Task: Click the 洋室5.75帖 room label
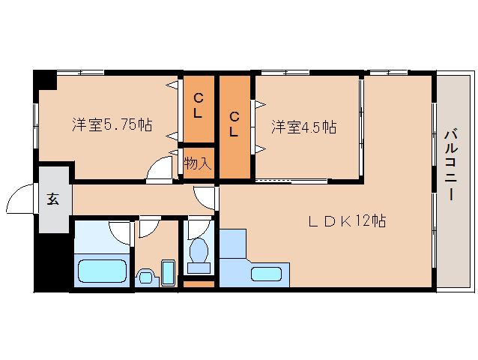pyautogui.click(x=112, y=124)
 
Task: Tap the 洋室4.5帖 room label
pyautogui.click(x=304, y=127)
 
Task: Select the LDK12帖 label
pyautogui.click(x=347, y=221)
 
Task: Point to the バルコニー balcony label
pyautogui.click(x=451, y=165)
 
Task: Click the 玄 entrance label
pyautogui.click(x=53, y=199)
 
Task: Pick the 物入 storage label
pyautogui.click(x=198, y=163)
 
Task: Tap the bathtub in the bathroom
pyautogui.click(x=102, y=271)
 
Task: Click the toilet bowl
pyautogui.click(x=199, y=250)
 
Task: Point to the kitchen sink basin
pyautogui.click(x=266, y=274)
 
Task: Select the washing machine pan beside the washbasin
pyautogui.click(x=169, y=273)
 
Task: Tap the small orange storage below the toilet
pyautogui.click(x=199, y=284)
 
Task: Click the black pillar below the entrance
pyautogui.click(x=52, y=262)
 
